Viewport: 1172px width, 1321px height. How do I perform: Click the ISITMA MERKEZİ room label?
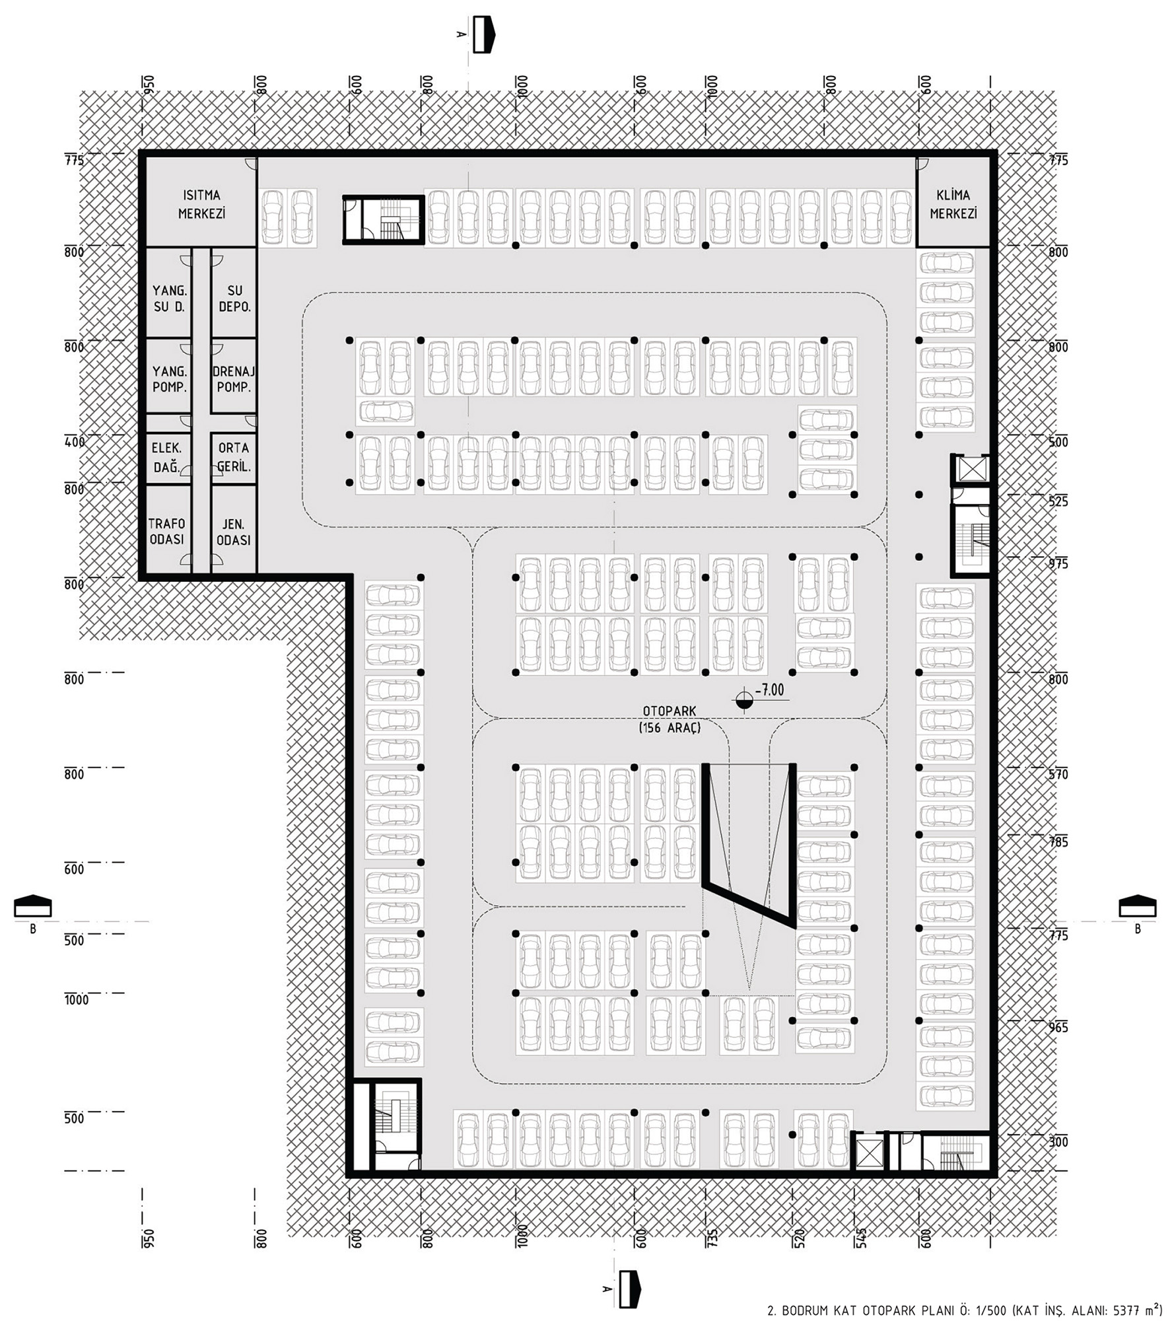201,204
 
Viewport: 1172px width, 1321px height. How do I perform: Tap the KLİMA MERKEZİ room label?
953,204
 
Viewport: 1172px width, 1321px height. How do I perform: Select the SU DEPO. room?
234,299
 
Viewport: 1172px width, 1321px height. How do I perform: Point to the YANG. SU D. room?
170,299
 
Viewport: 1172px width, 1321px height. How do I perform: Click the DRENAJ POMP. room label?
234,379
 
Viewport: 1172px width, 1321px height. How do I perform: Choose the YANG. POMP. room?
170,379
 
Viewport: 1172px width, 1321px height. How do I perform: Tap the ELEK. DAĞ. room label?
166,457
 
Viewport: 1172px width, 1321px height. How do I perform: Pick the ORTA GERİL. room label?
234,457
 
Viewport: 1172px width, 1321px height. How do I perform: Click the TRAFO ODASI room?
166,532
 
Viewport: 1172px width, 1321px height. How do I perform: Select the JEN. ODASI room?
234,532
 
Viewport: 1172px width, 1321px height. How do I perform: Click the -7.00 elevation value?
769,690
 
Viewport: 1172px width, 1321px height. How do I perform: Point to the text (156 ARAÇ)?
670,728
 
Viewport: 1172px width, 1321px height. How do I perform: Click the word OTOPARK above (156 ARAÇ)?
670,711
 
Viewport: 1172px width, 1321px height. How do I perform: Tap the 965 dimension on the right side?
1058,1028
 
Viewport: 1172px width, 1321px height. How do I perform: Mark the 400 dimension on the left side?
75,442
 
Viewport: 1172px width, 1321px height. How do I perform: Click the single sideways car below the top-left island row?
386,411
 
